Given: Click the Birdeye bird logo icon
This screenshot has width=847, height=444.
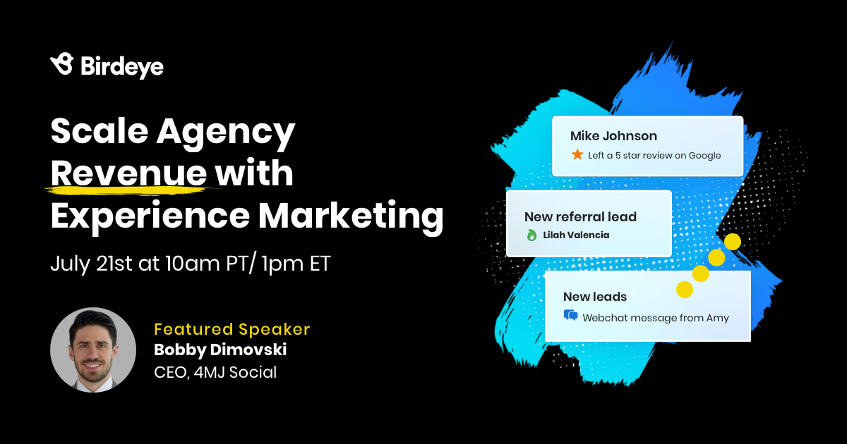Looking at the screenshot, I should click(62, 64).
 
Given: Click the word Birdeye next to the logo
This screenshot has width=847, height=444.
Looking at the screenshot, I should click(121, 66).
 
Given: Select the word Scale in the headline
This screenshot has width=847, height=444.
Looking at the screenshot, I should click(97, 132).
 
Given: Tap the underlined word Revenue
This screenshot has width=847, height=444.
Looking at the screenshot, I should click(128, 173).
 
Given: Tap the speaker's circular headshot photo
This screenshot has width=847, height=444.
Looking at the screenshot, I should click(93, 350).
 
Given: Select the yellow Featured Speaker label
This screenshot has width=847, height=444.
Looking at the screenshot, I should click(232, 329).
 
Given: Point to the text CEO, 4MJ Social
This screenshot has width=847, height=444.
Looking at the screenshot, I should click(215, 371).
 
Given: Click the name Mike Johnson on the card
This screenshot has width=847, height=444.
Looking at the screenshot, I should click(613, 136).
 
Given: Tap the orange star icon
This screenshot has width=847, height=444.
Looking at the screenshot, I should click(577, 154).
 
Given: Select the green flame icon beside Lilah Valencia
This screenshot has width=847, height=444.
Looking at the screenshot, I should click(531, 235).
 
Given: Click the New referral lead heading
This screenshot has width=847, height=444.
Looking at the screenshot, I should click(580, 217).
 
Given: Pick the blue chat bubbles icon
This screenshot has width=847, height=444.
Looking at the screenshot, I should click(570, 316).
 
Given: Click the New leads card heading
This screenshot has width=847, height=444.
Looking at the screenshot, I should click(594, 297).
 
